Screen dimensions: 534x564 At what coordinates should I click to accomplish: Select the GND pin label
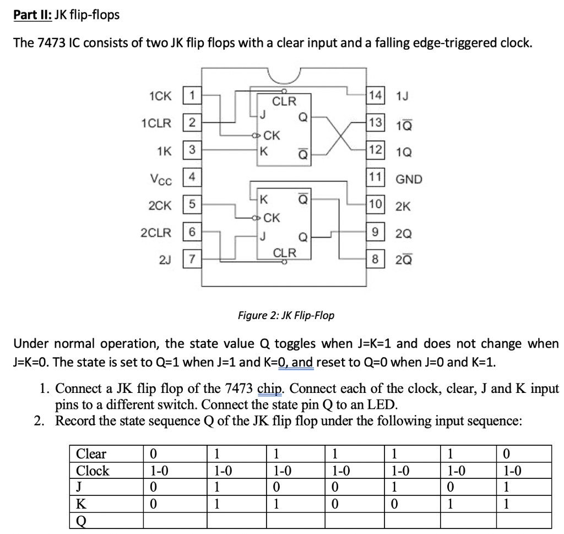(408, 179)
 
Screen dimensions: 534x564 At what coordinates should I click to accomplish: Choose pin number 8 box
(376, 259)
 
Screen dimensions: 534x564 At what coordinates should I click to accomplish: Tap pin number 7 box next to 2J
(190, 259)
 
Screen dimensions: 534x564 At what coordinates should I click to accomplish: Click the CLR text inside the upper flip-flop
(285, 101)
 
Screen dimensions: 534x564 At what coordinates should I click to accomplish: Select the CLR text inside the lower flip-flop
(285, 253)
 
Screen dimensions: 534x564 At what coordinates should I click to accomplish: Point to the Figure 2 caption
(285, 316)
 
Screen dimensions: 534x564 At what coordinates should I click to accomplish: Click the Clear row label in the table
(91, 454)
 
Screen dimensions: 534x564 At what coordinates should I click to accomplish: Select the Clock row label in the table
(93, 471)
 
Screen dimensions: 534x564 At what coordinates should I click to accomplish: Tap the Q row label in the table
(81, 520)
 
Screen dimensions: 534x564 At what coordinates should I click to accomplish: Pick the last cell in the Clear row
(523, 454)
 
